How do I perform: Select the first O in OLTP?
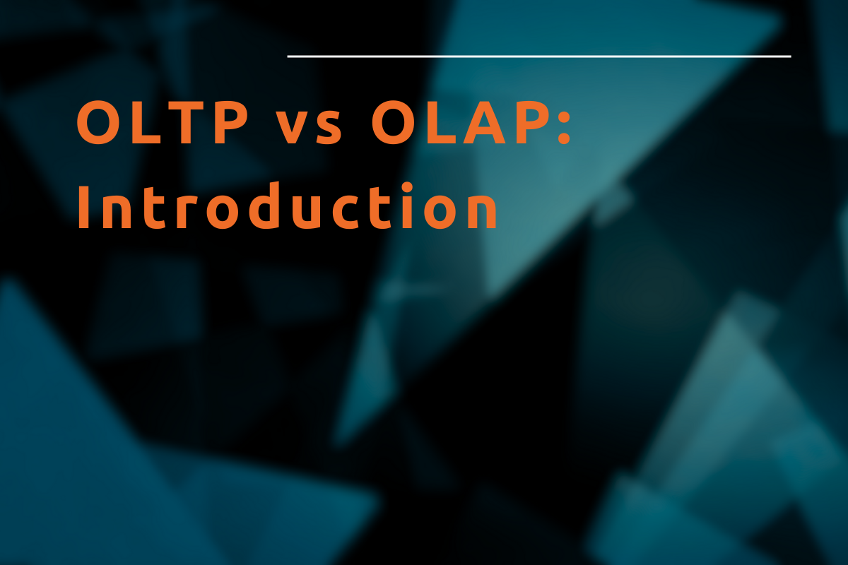pos(95,124)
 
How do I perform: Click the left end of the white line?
pos(289,56)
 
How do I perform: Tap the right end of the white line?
pos(789,56)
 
